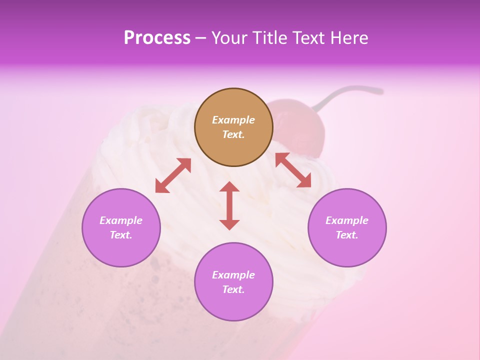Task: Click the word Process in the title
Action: tap(157, 38)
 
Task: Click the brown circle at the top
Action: tap(233, 150)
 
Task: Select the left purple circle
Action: tap(121, 250)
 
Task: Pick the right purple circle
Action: tap(347, 250)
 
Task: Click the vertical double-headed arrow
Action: tap(229, 205)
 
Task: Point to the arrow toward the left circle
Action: tap(173, 175)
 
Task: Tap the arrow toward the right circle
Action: tap(293, 170)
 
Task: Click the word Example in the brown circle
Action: tap(233, 120)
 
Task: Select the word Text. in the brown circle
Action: tap(233, 134)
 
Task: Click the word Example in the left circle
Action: tap(121, 220)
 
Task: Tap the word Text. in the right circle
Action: tap(347, 235)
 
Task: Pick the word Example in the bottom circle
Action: tap(233, 275)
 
